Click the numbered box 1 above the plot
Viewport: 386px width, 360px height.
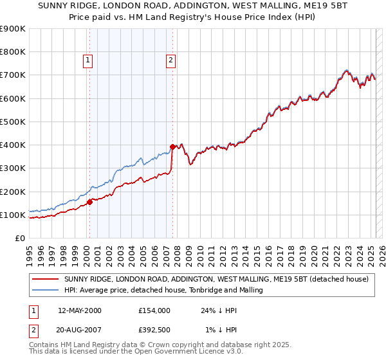point(87,61)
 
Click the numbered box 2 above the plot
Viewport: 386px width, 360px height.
point(170,61)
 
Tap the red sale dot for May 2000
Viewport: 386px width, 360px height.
point(90,202)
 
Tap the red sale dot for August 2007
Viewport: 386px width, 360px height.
point(172,147)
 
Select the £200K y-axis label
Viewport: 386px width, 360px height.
point(13,192)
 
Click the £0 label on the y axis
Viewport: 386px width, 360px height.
point(19,239)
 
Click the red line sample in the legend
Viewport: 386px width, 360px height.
point(45,279)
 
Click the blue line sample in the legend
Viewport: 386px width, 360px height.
point(45,291)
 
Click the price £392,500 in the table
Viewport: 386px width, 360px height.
point(154,330)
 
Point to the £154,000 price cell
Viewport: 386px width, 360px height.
point(154,310)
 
